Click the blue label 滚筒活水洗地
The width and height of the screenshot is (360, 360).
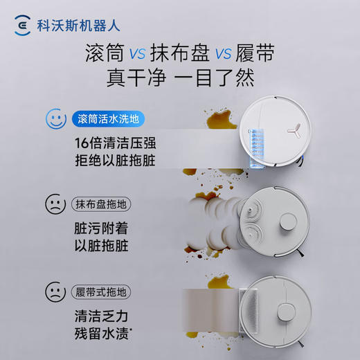[x=108, y=118]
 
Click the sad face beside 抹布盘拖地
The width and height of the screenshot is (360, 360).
[x=55, y=204]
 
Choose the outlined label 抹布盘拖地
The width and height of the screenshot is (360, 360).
[x=104, y=205]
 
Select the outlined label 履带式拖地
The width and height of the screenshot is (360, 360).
[x=104, y=291]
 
